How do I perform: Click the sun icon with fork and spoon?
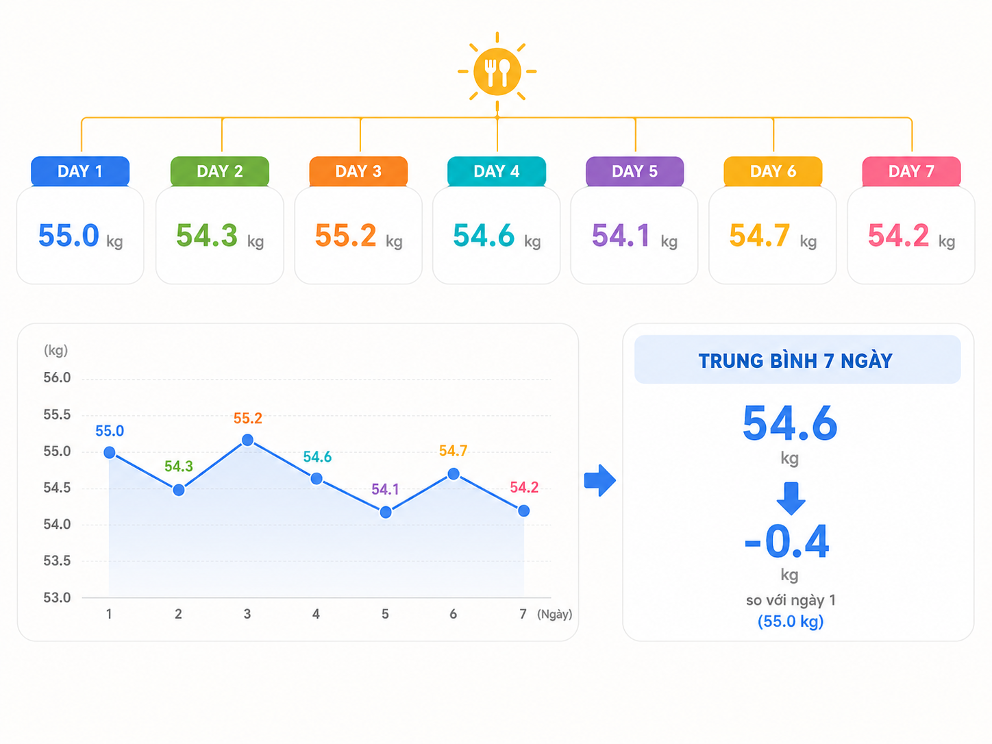497,71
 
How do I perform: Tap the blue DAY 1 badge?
80,171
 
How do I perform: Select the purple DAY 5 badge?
634,171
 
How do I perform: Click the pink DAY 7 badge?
911,171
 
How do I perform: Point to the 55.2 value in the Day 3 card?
345,236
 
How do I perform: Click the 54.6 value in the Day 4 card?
484,236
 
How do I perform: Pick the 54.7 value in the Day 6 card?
760,236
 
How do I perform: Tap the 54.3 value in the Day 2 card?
206,236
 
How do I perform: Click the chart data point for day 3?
248,440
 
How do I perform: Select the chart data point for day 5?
386,512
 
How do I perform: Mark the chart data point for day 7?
524,511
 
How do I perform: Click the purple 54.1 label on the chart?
385,489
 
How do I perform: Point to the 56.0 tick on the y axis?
57,377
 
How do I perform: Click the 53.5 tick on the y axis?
57,561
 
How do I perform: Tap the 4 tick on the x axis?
316,614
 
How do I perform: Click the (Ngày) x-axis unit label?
554,615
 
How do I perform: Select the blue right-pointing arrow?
599,480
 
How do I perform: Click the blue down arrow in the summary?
791,499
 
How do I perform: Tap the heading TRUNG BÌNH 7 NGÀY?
795,361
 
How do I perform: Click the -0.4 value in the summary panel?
787,541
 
